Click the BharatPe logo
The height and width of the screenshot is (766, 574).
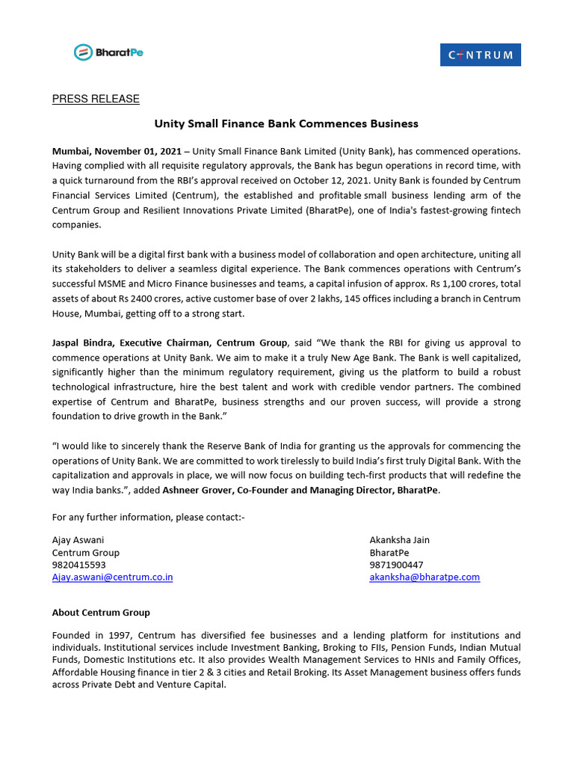pos(108,52)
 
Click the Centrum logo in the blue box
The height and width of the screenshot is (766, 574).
pos(480,55)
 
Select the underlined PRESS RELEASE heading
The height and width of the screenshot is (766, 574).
pos(96,99)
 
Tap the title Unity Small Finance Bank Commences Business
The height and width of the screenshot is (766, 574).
pos(286,123)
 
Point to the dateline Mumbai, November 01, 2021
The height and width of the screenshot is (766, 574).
pos(117,152)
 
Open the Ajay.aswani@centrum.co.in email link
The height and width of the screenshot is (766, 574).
pos(112,577)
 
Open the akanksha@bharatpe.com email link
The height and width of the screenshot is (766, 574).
pos(425,577)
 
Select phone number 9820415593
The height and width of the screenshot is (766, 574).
pos(78,565)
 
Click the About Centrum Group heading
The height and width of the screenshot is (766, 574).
pos(101,613)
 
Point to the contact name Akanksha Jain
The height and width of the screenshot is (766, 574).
pos(399,540)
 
